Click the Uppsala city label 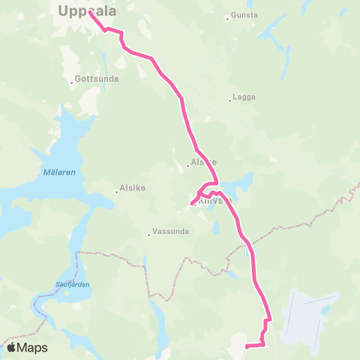coord(86,10)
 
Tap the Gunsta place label coord(245,15)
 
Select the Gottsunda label coord(96,78)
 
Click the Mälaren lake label coord(49,172)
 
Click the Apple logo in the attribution coord(11,347)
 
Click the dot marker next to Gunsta coord(227,18)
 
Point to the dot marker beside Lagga coord(230,100)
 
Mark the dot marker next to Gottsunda coord(71,81)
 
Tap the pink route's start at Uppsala coord(90,12)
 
